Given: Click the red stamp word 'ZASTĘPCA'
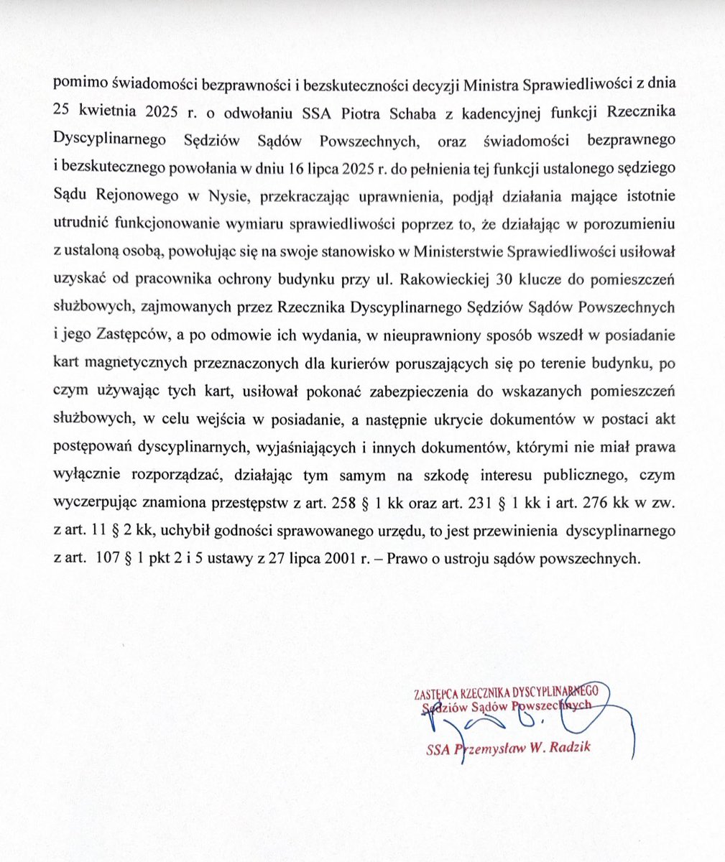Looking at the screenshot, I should [x=439, y=694].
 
